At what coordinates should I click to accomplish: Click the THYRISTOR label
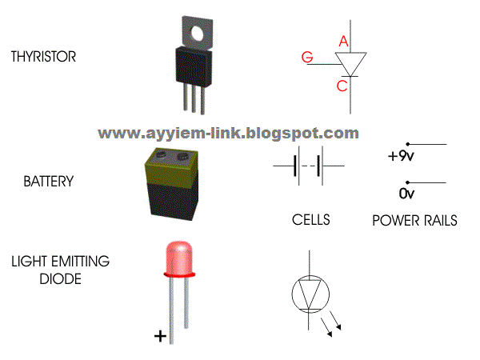(x=43, y=58)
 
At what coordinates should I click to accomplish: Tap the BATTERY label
(x=48, y=182)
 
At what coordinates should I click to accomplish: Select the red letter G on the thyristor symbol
(x=307, y=57)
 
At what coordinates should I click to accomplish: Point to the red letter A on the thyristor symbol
(x=343, y=41)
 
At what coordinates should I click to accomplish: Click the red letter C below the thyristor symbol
(x=342, y=86)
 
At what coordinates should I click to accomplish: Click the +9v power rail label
(x=397, y=157)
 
